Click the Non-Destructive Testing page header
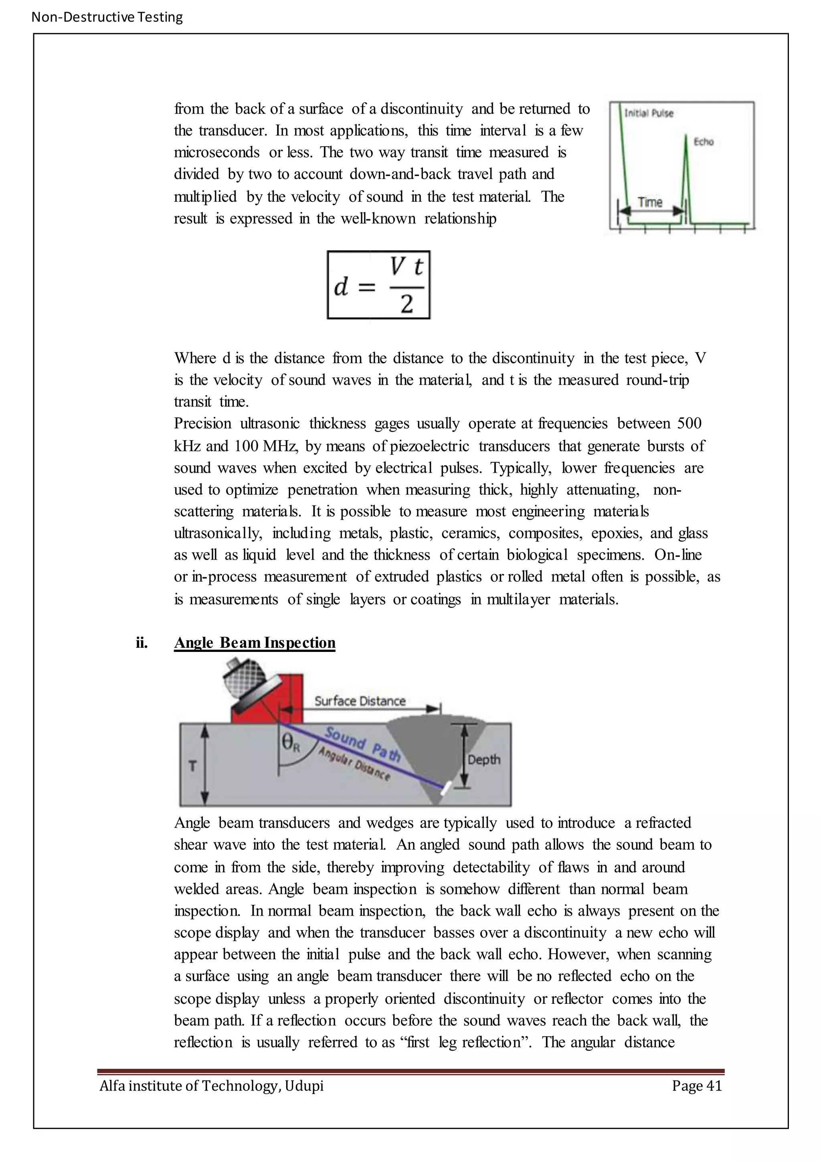tap(107, 17)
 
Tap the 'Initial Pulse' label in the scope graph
tap(649, 113)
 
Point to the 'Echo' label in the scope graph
tap(703, 142)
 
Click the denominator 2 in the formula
tap(406, 304)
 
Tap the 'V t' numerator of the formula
tap(406, 267)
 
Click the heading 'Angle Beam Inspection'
tap(254, 643)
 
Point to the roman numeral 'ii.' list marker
tap(142, 643)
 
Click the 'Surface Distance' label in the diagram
tap(360, 701)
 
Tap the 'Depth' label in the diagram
tap(484, 760)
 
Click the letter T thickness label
tap(192, 767)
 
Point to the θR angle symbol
tap(291, 743)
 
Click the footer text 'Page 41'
tap(697, 1086)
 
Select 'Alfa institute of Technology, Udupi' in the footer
tap(211, 1086)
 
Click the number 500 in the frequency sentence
tap(689, 423)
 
